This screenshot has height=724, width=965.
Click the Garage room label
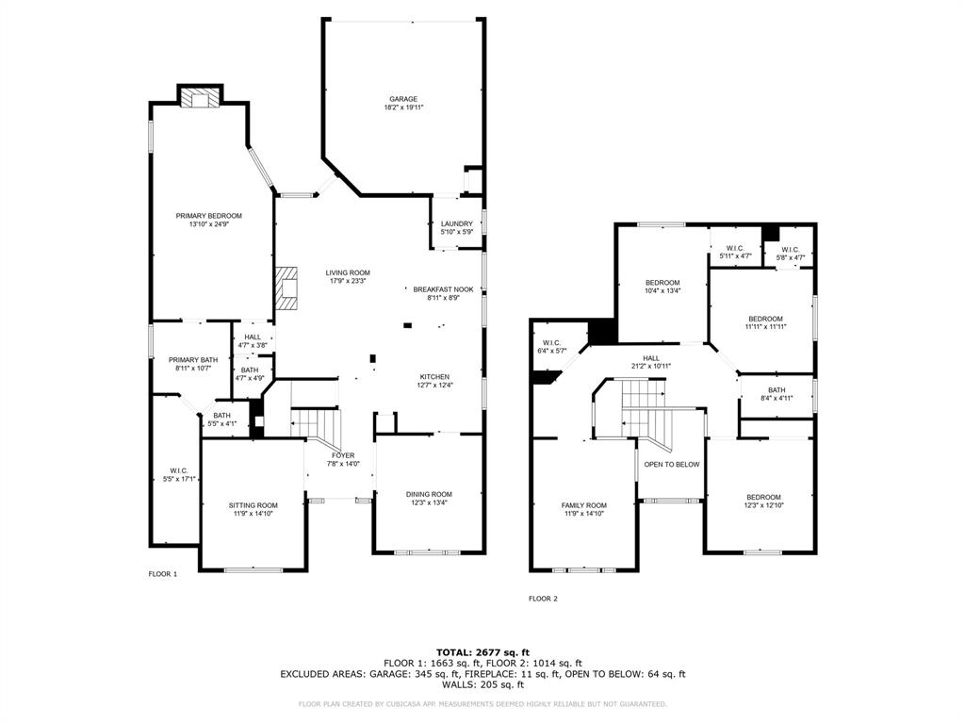403,99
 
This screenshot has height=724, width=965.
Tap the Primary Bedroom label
208,216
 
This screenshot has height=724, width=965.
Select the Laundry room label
456,223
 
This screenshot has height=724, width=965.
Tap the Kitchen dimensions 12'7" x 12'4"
433,385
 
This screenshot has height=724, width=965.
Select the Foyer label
342,455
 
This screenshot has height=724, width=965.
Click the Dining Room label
429,494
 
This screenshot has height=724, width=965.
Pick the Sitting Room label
254,505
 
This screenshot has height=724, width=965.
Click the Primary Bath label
192,359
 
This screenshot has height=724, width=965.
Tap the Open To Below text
671,464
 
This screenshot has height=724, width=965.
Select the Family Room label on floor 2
583,505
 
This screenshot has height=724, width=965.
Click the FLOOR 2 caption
543,599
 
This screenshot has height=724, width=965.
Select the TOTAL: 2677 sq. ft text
482,652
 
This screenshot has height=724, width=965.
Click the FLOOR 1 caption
162,574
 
